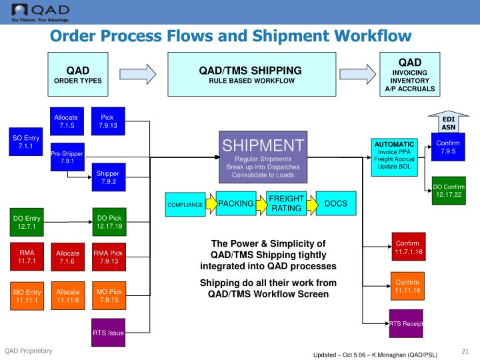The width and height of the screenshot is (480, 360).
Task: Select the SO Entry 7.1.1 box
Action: pyautogui.click(x=26, y=141)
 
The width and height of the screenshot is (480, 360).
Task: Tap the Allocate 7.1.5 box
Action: pyautogui.click(x=67, y=121)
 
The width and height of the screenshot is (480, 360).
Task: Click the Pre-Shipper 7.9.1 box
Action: pyautogui.click(x=67, y=157)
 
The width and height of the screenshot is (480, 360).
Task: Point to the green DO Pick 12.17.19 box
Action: pyautogui.click(x=107, y=222)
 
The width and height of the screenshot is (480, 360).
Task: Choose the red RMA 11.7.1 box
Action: pyautogui.click(x=26, y=257)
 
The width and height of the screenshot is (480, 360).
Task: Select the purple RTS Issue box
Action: pyautogui.click(x=107, y=332)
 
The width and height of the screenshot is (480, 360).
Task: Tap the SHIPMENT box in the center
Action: pyautogui.click(x=263, y=157)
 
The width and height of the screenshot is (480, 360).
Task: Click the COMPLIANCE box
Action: pyautogui.click(x=185, y=205)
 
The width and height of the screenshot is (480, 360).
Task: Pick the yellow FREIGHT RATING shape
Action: pyautogui.click(x=285, y=203)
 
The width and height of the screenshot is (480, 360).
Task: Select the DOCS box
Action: pyautogui.click(x=335, y=203)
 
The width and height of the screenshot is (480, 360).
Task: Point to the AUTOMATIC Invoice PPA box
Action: pyautogui.click(x=395, y=156)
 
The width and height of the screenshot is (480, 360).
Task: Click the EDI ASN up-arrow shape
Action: pyautogui.click(x=448, y=122)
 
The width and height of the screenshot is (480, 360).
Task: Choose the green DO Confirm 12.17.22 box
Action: pyautogui.click(x=447, y=191)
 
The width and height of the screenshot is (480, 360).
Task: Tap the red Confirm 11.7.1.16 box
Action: pyautogui.click(x=407, y=249)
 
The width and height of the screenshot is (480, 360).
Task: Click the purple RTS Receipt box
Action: pyautogui.click(x=407, y=324)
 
